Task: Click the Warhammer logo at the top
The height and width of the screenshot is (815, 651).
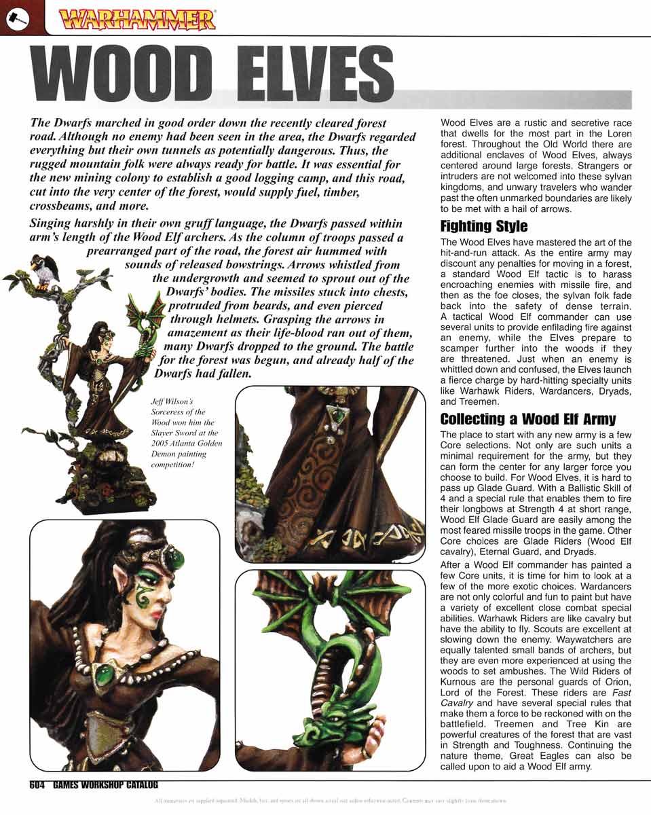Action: point(138,19)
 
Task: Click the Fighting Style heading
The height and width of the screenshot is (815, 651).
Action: point(483,226)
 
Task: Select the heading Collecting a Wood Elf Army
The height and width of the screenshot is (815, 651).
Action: point(527,418)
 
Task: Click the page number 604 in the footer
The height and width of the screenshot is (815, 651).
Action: point(37,785)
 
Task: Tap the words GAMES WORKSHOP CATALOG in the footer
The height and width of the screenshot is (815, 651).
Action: point(105,785)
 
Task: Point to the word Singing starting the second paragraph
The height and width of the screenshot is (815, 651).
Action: point(50,223)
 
